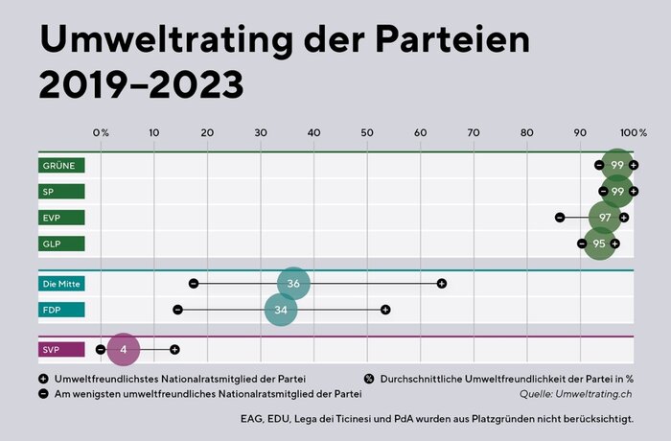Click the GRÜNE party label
click(61, 166)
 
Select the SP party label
click(61, 192)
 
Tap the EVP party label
click(61, 218)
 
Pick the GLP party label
click(61, 244)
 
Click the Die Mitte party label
click(61, 284)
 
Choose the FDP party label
click(61, 310)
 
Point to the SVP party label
click(61, 350)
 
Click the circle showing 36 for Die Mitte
click(294, 284)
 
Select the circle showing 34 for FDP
click(281, 310)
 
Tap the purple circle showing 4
click(124, 350)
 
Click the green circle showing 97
click(605, 218)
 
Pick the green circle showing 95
click(599, 244)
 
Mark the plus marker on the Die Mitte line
click(442, 284)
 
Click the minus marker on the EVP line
click(560, 218)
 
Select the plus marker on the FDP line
click(385, 310)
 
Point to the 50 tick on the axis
click(367, 131)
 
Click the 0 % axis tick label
click(101, 131)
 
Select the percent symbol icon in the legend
click(369, 379)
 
